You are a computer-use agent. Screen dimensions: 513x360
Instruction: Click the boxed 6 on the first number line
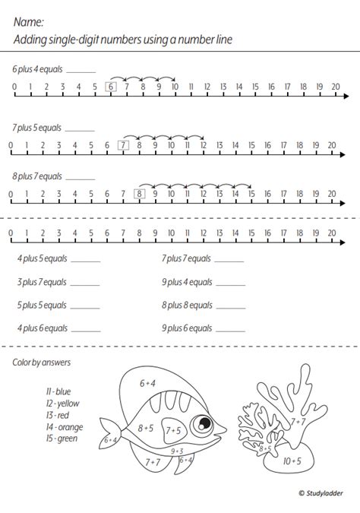coord(111,87)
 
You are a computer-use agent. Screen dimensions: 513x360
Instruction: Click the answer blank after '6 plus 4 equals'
coord(81,70)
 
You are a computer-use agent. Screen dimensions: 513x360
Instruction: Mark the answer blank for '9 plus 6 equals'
coord(230,329)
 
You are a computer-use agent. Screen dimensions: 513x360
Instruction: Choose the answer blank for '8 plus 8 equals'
coord(230,306)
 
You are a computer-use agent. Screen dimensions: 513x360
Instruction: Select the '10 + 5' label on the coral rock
coord(292,461)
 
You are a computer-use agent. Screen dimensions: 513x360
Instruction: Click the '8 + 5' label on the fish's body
coord(147,428)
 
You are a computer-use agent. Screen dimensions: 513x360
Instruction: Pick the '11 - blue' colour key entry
coord(58,391)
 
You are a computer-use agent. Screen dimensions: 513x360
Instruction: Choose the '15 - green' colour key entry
coord(62,439)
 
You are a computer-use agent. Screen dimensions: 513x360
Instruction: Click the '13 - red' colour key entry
coord(58,415)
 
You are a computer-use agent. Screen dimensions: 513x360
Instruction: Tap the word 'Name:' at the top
coord(29,24)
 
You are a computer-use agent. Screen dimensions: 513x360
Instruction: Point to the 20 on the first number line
coord(336,87)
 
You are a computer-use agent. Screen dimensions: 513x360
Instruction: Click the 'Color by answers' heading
coord(41,363)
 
